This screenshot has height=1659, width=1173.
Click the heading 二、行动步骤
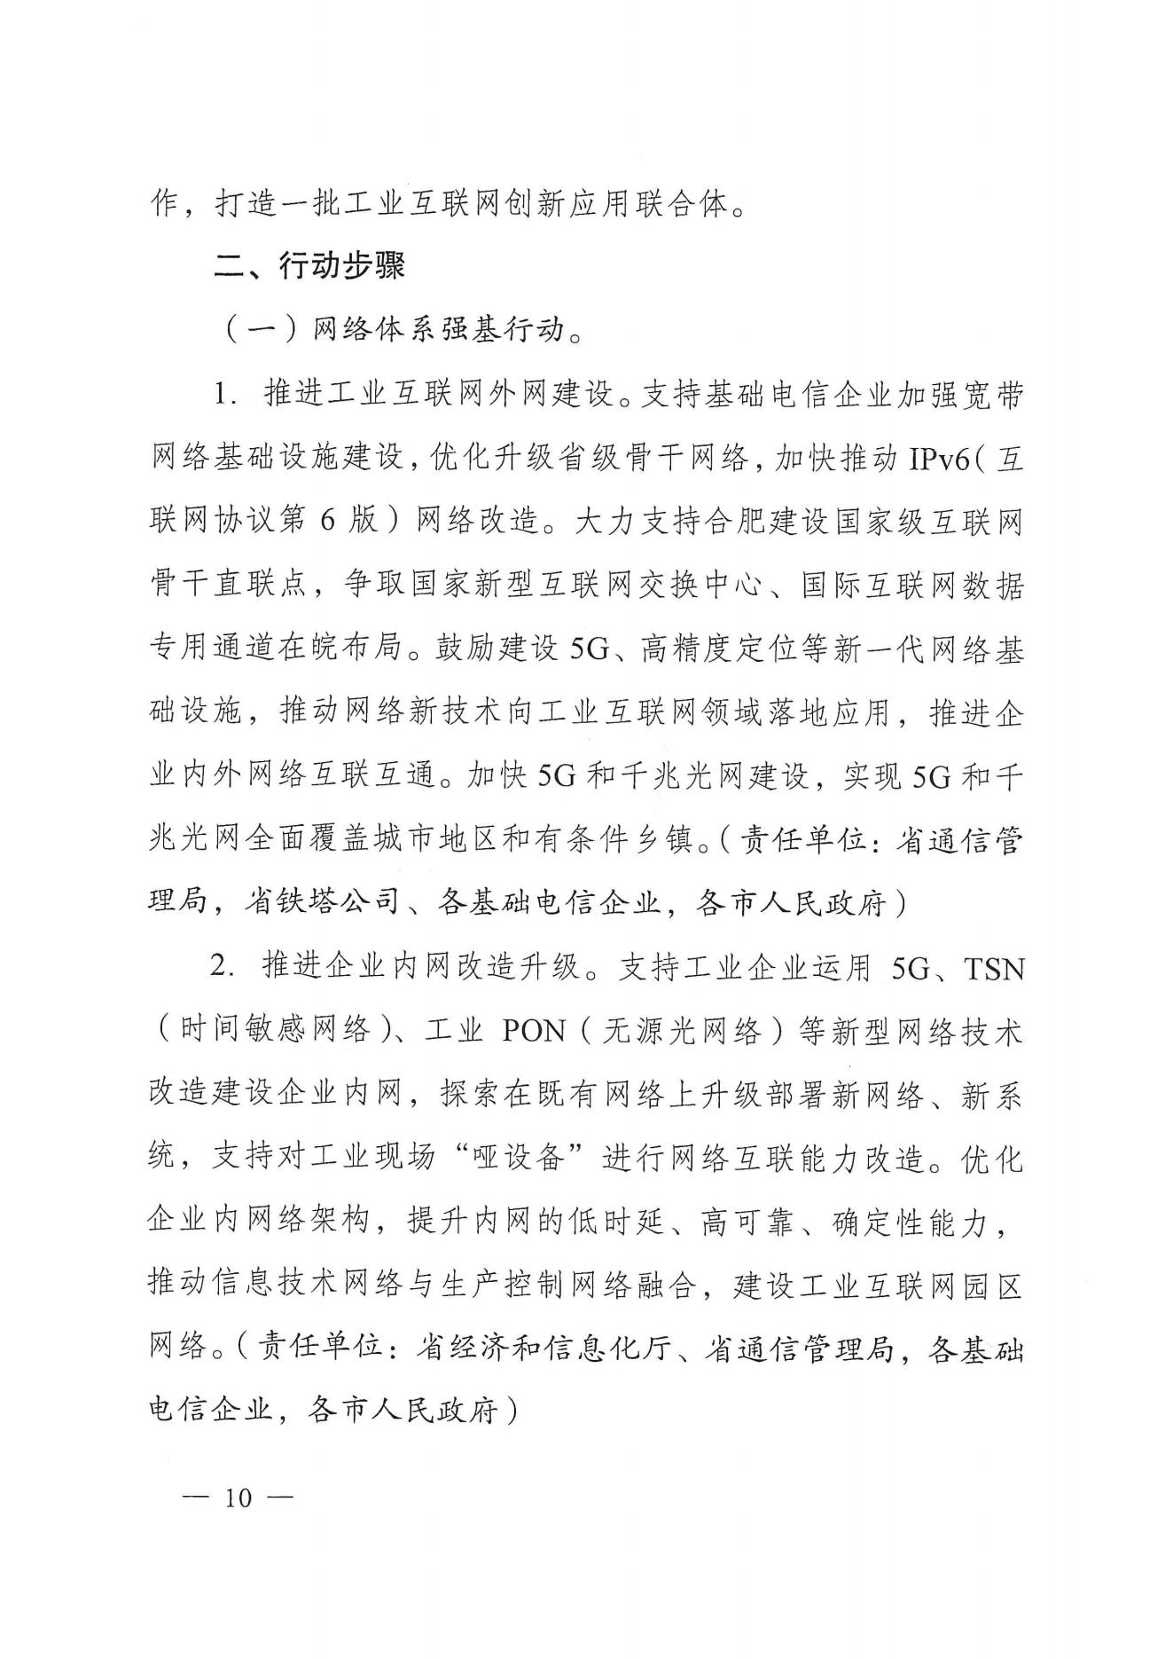(309, 266)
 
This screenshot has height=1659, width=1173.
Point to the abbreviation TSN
(993, 968)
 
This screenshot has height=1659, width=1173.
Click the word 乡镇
(678, 840)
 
